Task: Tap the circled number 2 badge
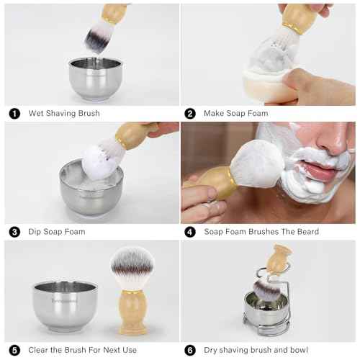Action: [190, 114]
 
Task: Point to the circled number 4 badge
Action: [190, 232]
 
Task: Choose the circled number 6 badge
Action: [190, 351]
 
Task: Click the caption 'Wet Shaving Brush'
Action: [64, 114]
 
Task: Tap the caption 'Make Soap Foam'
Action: [236, 114]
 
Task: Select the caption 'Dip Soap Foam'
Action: [57, 232]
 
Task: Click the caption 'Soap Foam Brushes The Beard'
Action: [261, 232]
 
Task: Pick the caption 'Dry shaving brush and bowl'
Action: [256, 351]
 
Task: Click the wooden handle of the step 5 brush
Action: [132, 313]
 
